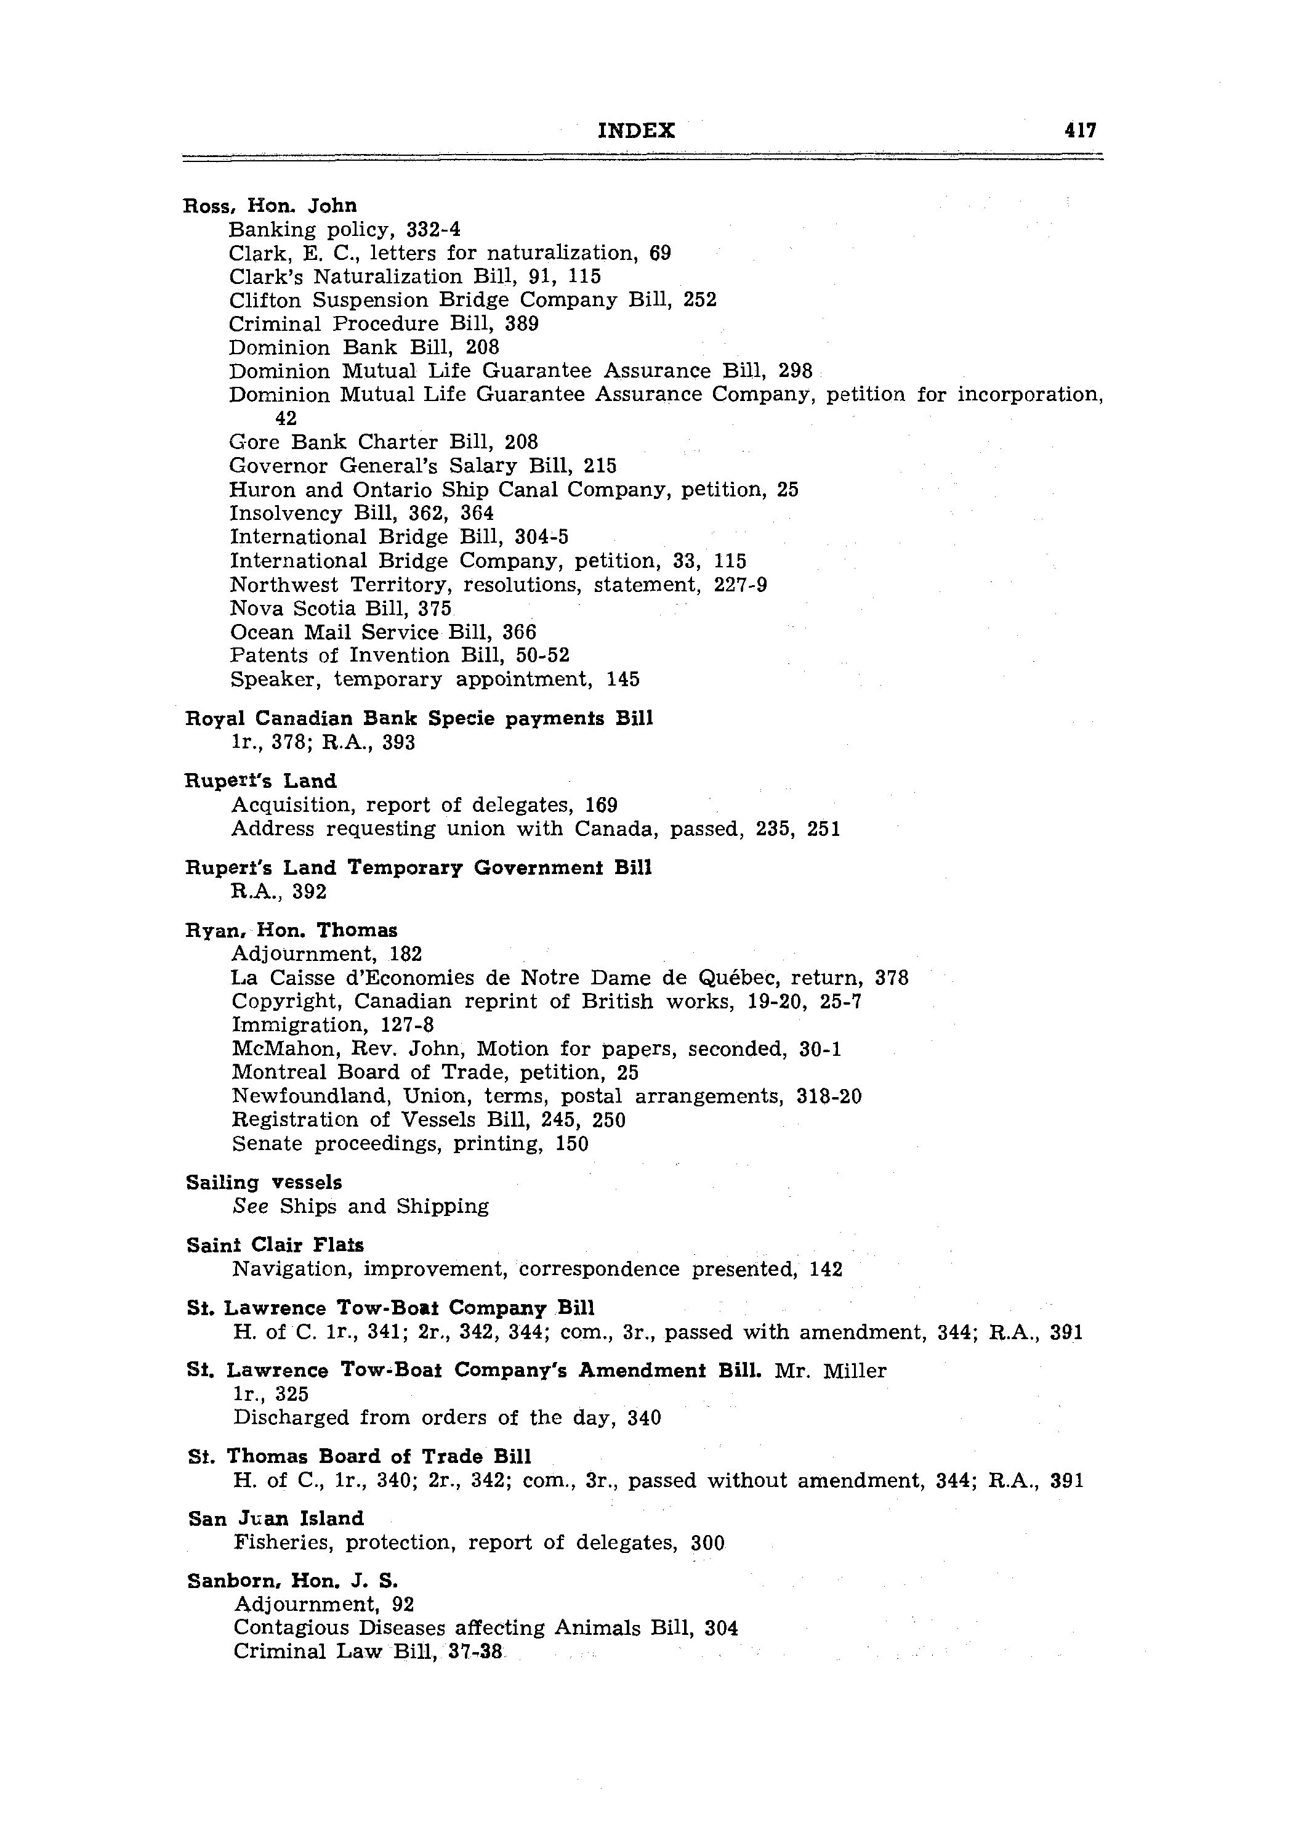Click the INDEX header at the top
click(x=637, y=131)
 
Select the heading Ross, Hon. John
click(x=270, y=206)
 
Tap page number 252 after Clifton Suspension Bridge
click(x=699, y=300)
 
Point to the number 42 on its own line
click(x=286, y=418)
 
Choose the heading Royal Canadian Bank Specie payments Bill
click(x=419, y=718)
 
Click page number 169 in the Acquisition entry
click(x=601, y=805)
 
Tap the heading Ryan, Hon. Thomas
click(x=291, y=930)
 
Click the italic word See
click(x=250, y=1207)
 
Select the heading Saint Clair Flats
click(x=275, y=1245)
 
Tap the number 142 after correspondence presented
click(x=826, y=1270)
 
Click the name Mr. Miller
click(x=831, y=1371)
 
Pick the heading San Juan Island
click(x=276, y=1519)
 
